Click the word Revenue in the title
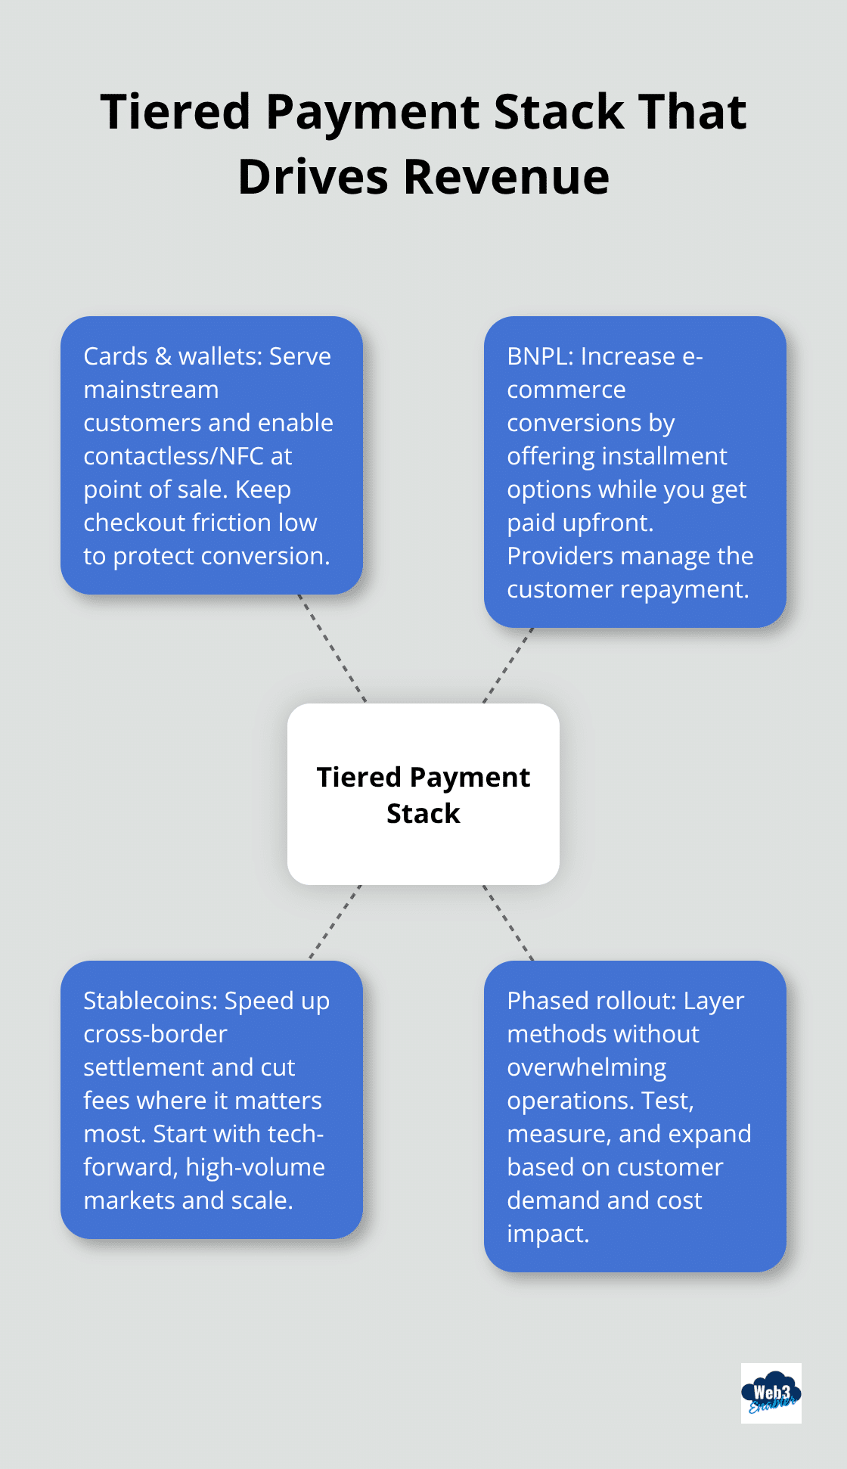[x=506, y=177]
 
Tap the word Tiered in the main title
[x=175, y=112]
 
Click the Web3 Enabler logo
[x=771, y=1393]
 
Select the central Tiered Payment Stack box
[x=423, y=794]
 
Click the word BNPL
[x=538, y=356]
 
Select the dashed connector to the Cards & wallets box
[x=332, y=648]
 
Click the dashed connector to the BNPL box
[x=508, y=666]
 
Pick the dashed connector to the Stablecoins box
[x=335, y=922]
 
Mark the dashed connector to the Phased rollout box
[x=508, y=922]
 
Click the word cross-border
[x=155, y=1034]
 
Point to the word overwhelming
[x=586, y=1067]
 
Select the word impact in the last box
[x=547, y=1234]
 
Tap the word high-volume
[x=255, y=1167]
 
